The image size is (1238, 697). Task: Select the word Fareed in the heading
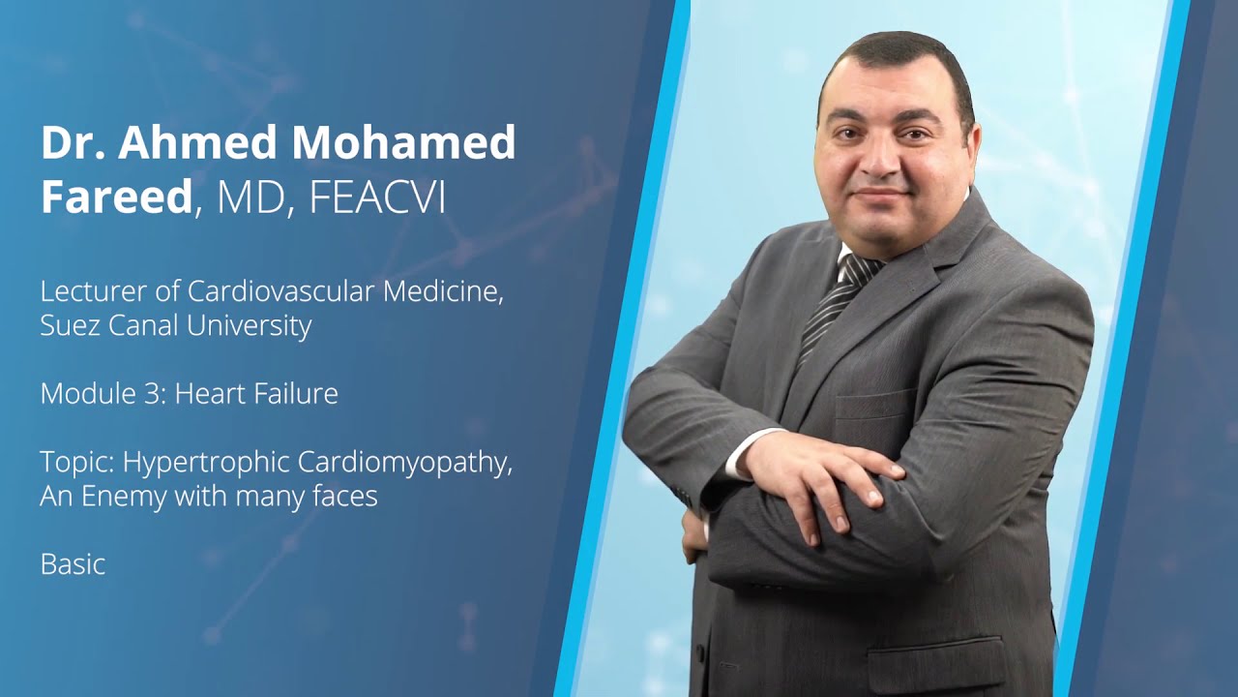[116, 197]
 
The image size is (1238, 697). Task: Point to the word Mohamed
[403, 143]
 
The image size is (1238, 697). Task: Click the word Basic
[73, 564]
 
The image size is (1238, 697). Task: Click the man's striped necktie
[838, 300]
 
